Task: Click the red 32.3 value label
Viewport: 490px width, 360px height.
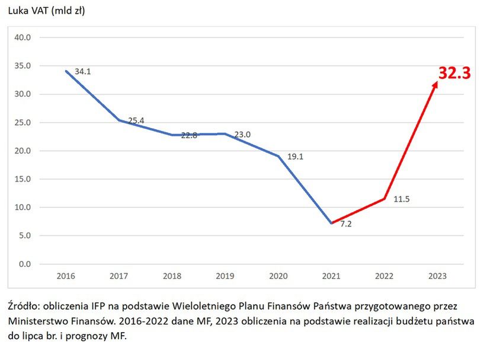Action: pos(454,73)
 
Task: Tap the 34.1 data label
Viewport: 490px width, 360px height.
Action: pos(83,72)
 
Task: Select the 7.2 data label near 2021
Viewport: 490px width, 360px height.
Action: pos(346,224)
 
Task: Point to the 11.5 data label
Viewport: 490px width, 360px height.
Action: pos(401,199)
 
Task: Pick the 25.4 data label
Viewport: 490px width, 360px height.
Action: pos(136,120)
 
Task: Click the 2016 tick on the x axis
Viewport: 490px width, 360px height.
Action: pos(65,276)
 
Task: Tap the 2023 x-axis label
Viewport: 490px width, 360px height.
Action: pos(438,276)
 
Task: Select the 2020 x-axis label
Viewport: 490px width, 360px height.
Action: pos(278,276)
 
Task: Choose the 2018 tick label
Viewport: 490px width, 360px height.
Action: pos(172,276)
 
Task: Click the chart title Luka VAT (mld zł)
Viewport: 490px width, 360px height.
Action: pos(46,11)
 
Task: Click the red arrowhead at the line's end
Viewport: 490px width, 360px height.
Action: pos(435,85)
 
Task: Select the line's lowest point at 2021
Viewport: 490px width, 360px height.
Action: pos(332,223)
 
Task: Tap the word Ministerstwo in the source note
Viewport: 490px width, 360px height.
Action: pos(37,321)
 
